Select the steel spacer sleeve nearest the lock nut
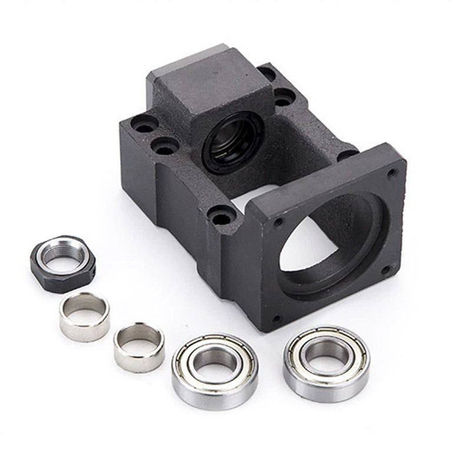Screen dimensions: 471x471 pos(84,316)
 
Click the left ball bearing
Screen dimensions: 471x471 pos(215,372)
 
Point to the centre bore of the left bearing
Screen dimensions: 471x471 pos(215,363)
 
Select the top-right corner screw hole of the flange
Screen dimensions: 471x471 pos(392,173)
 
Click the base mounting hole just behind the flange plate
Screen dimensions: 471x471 pos(347,154)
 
